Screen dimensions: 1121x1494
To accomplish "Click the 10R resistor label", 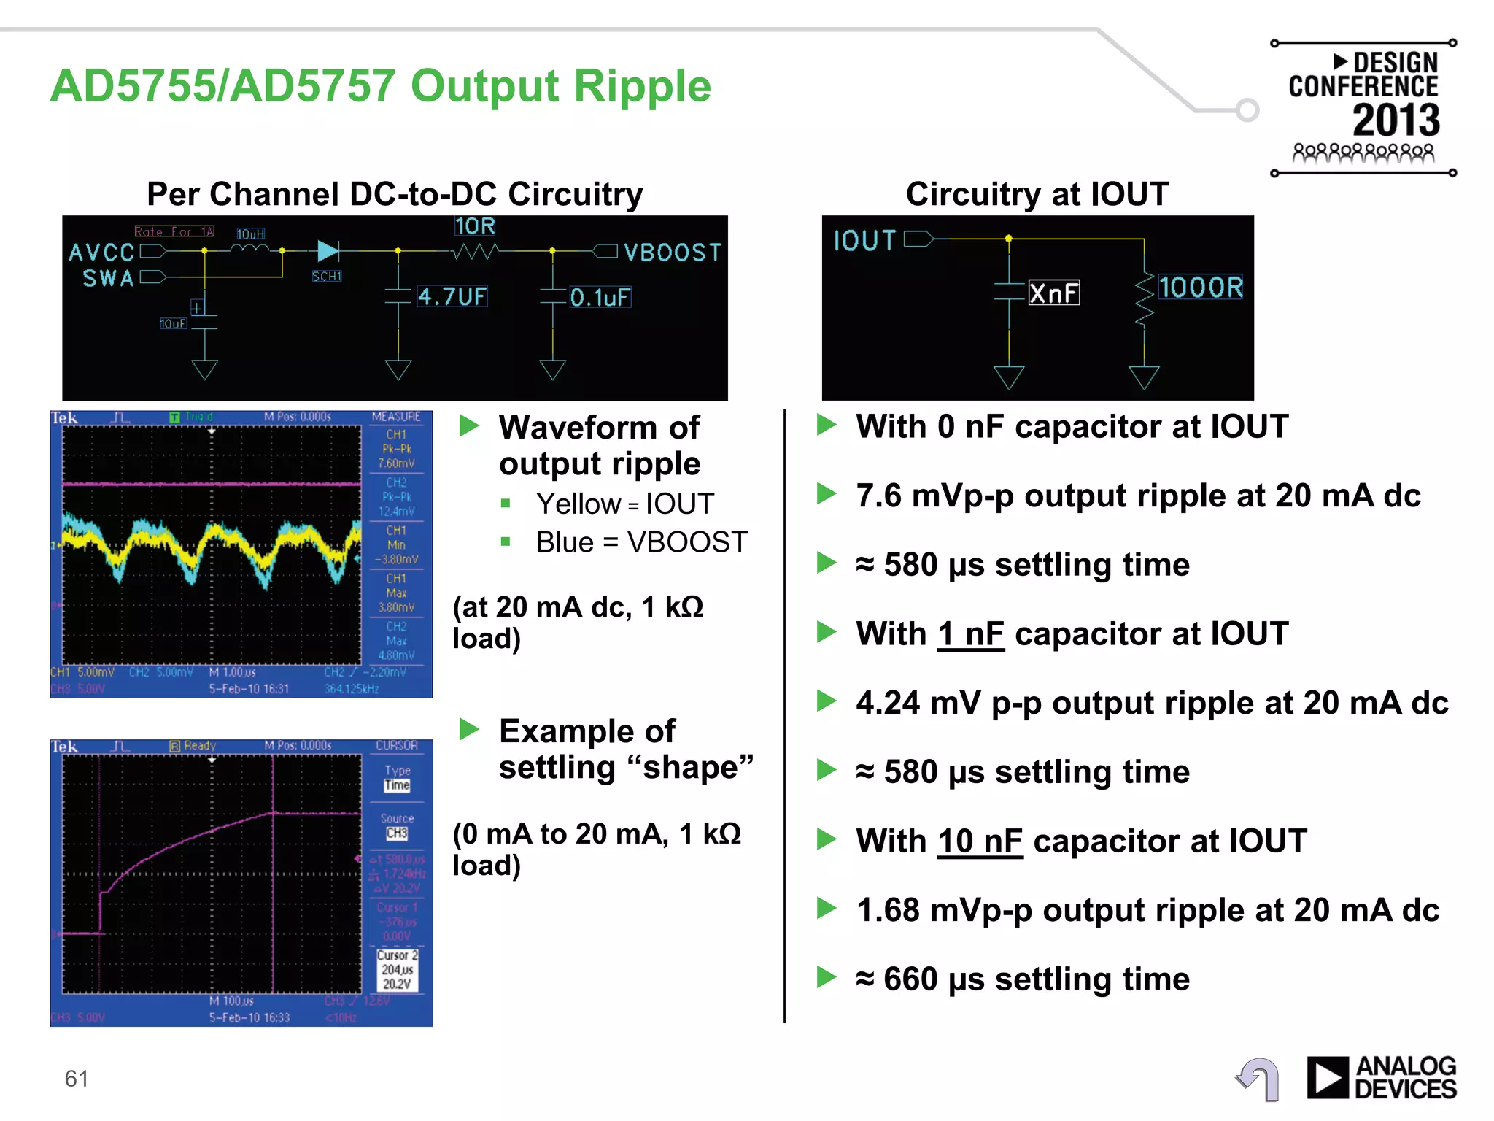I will coord(475,226).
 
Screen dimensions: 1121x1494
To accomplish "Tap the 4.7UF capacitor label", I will coord(452,296).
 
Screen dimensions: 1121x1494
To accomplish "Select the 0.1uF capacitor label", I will coord(600,297).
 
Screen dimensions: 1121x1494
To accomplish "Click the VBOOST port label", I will coord(672,253).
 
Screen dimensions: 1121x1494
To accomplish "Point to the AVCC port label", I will coord(101,253).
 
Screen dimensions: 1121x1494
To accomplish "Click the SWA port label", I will coord(108,278).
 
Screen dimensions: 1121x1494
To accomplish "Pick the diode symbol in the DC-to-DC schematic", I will coord(328,251).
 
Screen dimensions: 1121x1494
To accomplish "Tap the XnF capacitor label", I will coord(1053,293).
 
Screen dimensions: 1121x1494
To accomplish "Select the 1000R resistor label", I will coord(1200,287).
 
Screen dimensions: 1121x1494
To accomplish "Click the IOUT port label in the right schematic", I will coord(864,240).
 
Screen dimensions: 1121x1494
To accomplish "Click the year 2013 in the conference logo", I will coord(1396,120).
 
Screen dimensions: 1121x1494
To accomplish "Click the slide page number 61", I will coord(77,1078).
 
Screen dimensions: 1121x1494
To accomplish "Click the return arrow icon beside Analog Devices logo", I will coord(1259,1078).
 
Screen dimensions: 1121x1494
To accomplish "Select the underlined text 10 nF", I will coord(980,841).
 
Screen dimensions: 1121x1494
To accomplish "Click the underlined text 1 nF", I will coord(970,633).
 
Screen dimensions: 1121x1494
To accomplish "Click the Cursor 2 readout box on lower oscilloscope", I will coord(397,969).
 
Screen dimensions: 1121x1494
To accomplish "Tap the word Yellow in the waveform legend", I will coord(578,504).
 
